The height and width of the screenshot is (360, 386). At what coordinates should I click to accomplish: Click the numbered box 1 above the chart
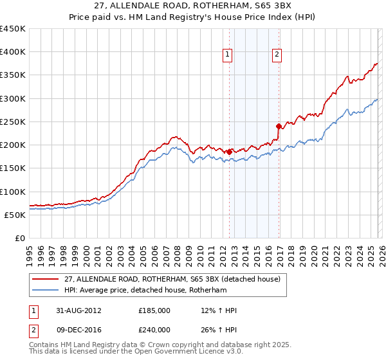pos(228,55)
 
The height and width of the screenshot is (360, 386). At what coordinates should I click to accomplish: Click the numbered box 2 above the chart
pos(277,55)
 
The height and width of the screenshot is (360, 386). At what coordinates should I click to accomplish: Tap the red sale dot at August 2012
pos(229,152)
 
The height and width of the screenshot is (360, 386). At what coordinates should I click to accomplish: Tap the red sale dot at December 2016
pos(279,126)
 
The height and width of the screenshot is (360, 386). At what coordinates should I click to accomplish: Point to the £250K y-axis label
pos(13,122)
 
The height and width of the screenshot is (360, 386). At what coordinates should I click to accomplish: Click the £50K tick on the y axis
pos(15,215)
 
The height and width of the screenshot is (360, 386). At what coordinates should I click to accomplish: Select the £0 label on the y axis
pos(21,238)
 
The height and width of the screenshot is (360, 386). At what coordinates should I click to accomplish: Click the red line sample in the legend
pos(46,280)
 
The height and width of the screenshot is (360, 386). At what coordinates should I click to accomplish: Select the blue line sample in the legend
pos(46,290)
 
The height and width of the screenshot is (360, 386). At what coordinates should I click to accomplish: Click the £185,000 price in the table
pos(154,310)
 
